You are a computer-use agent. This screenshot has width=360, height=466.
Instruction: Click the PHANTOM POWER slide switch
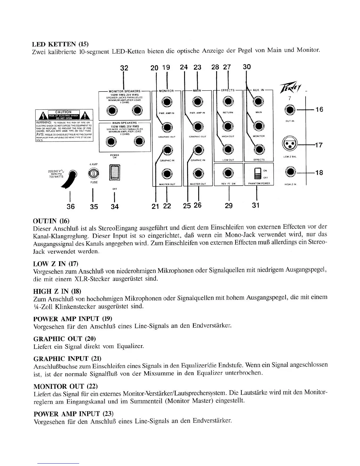tap(257, 173)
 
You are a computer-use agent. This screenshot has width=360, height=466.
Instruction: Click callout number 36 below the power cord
tap(70, 206)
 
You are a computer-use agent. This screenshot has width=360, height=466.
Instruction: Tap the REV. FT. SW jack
tap(228, 173)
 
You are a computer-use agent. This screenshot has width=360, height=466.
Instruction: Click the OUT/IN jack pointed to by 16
tap(290, 110)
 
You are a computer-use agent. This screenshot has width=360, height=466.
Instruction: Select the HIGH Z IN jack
tap(290, 172)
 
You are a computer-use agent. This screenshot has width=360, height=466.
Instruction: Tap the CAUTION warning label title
tap(64, 112)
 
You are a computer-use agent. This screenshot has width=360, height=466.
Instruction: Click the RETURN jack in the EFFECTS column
tap(228, 102)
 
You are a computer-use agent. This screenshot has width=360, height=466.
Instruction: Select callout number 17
tap(319, 145)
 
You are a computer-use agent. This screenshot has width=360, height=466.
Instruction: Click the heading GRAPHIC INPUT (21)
tap(67, 358)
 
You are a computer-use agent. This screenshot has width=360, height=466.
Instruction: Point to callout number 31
tap(256, 205)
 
